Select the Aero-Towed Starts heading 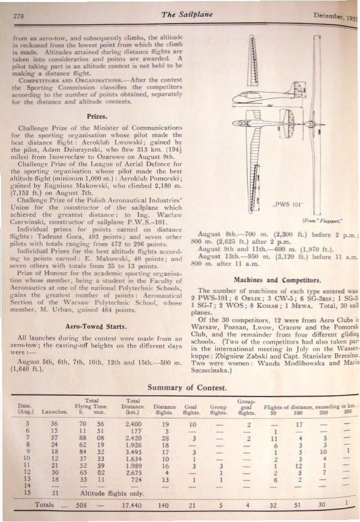tap(96, 325)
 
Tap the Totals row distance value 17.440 tap(134, 505)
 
